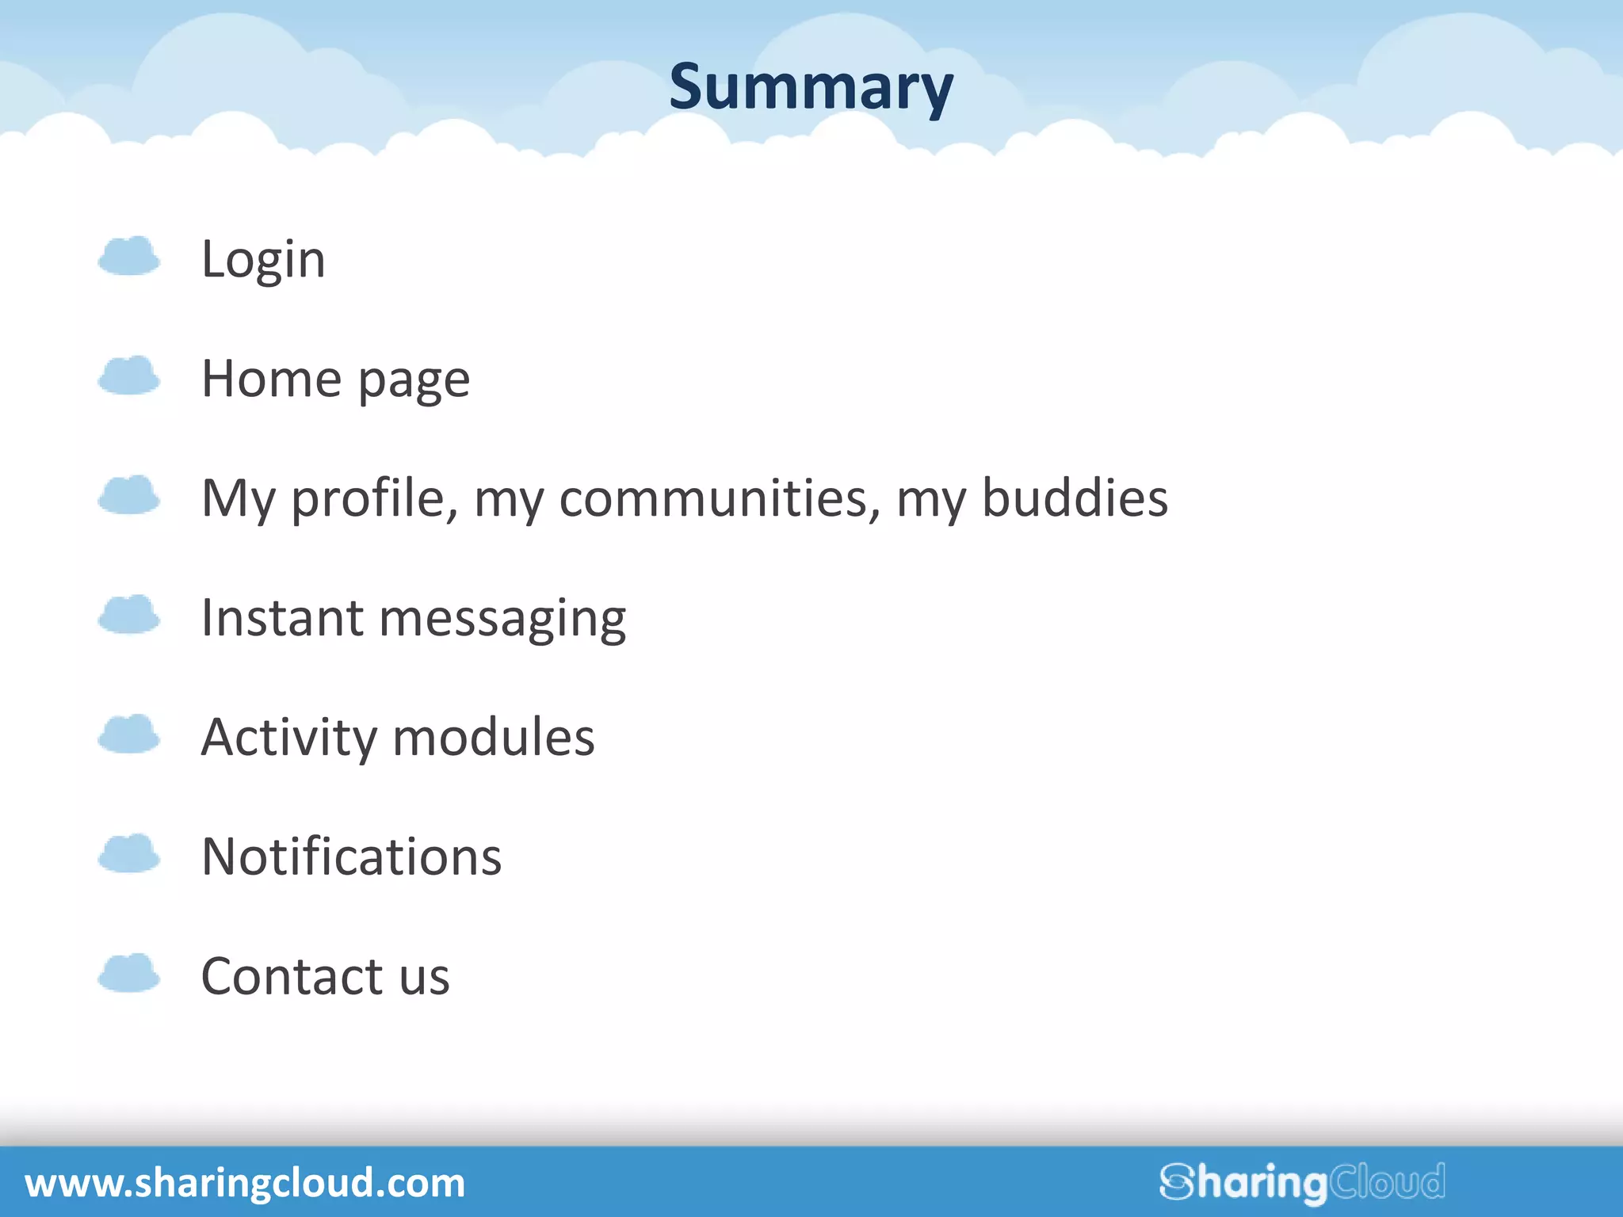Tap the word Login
pyautogui.click(x=263, y=260)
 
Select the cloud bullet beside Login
pyautogui.click(x=128, y=256)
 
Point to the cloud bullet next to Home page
pyautogui.click(x=128, y=376)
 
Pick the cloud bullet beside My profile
pyautogui.click(x=128, y=495)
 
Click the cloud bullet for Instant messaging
pyautogui.click(x=128, y=615)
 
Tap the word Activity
pyautogui.click(x=289, y=738)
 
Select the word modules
pyautogui.click(x=493, y=737)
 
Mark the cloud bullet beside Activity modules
pyautogui.click(x=128, y=734)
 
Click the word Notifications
pyautogui.click(x=352, y=856)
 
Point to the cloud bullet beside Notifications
pyautogui.click(x=128, y=854)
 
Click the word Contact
pyautogui.click(x=292, y=976)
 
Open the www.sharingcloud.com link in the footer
pyautogui.click(x=245, y=1183)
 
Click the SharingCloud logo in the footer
pyautogui.click(x=1302, y=1183)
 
